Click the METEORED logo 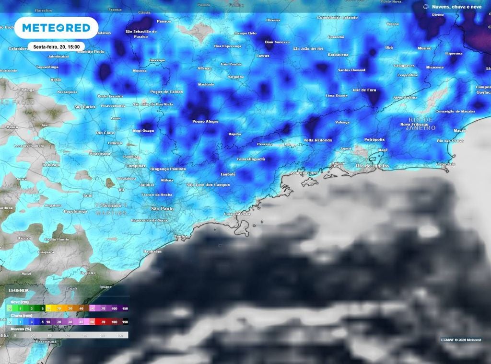tap(56, 28)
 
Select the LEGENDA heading tap(19, 290)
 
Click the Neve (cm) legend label tap(18, 303)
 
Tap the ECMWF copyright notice tap(461, 340)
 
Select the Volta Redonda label tap(317, 140)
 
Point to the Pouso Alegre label tap(205, 122)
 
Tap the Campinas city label tap(136, 166)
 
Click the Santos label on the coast tap(181, 236)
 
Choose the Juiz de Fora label tap(364, 90)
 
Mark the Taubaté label tap(228, 174)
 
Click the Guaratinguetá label tap(251, 159)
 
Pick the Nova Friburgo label tap(414, 124)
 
